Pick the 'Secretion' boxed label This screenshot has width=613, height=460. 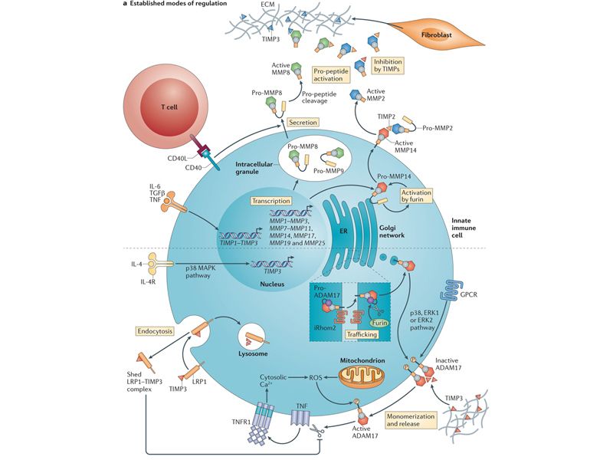[302, 122]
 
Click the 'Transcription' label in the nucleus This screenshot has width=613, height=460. [269, 200]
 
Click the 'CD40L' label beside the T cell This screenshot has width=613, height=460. [178, 160]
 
